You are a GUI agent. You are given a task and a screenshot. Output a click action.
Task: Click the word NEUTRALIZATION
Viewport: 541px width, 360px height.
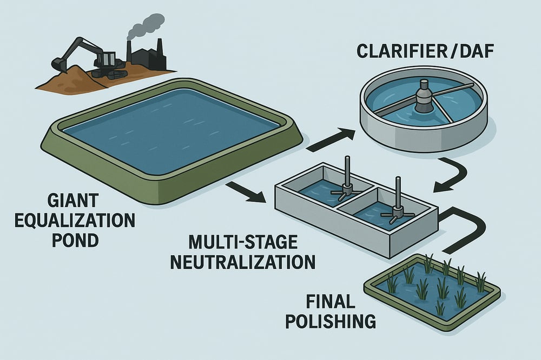pos(243,262)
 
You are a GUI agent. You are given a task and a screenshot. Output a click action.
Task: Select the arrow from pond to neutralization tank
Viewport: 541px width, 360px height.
pos(246,192)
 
